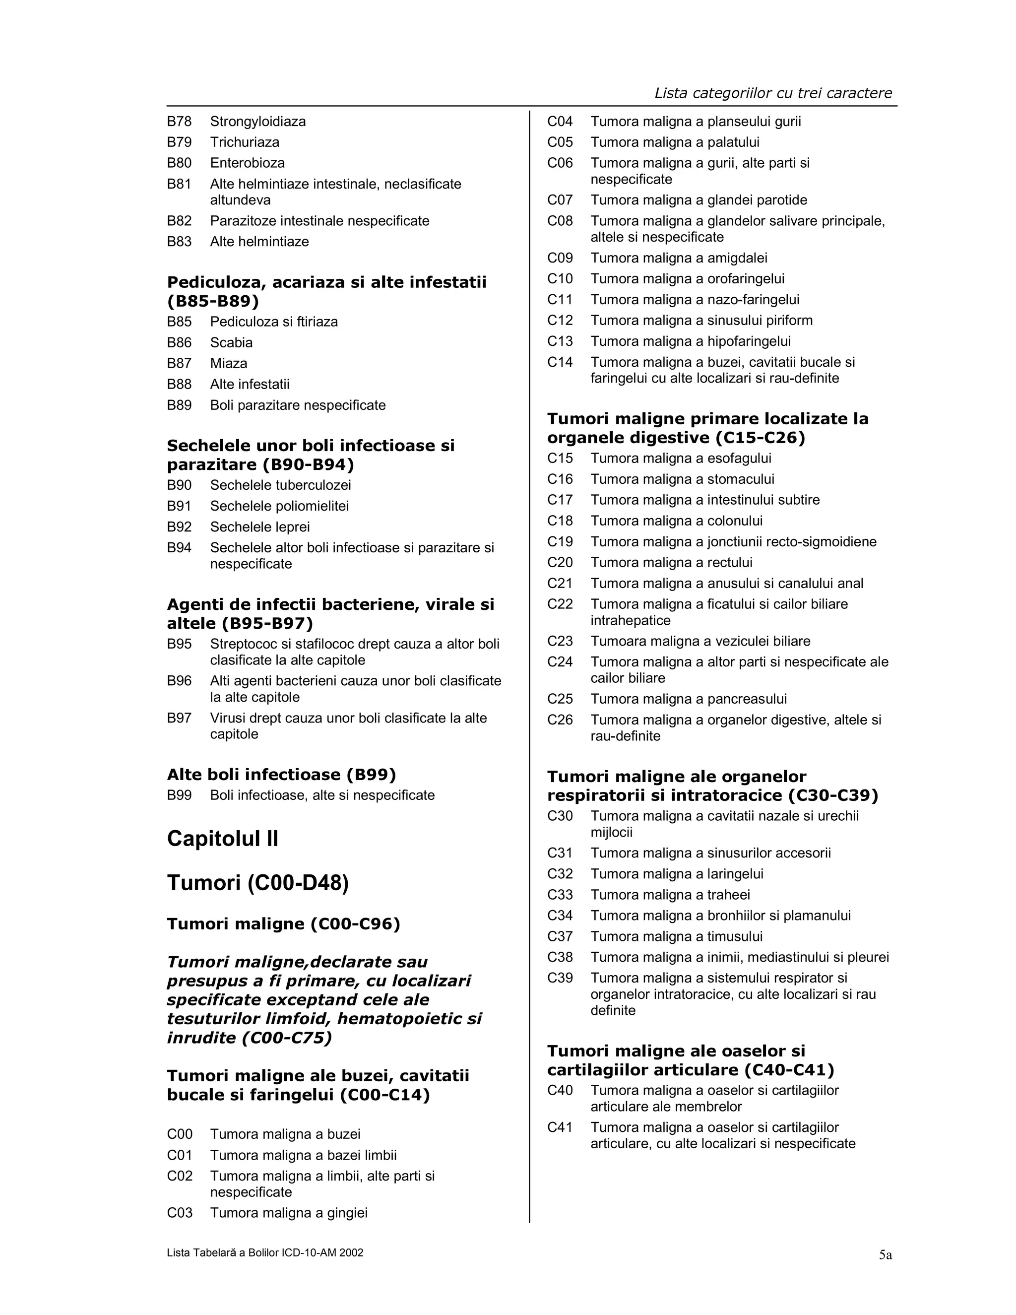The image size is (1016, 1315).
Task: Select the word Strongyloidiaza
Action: coord(257,122)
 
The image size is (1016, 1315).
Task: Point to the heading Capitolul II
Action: coord(222,839)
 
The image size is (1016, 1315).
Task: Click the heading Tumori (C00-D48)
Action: coord(257,883)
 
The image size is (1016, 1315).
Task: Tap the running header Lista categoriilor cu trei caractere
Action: coord(773,93)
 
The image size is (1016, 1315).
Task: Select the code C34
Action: coord(560,916)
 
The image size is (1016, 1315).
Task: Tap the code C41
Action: coord(560,1128)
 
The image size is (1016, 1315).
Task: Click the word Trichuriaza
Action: coord(245,143)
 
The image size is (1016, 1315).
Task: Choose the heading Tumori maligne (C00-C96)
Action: coord(283,924)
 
